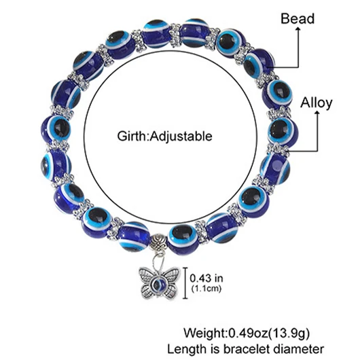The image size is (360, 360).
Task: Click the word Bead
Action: coord(298,18)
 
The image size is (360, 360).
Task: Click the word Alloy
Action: coord(316,103)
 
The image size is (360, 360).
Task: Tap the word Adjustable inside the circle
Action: coord(181,137)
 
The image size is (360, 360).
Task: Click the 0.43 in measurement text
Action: coord(206,278)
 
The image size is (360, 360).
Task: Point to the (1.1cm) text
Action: coord(206,288)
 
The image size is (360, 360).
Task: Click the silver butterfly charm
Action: coord(160,281)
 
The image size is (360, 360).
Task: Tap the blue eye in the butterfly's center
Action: coord(159,284)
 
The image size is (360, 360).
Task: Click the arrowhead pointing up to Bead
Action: coord(298,29)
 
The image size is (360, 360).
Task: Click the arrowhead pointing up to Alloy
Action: coord(317,113)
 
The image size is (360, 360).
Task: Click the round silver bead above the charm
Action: coord(158,242)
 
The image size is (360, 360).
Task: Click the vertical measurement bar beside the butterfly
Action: coord(185,283)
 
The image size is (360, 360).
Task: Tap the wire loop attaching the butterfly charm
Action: coord(158,261)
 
